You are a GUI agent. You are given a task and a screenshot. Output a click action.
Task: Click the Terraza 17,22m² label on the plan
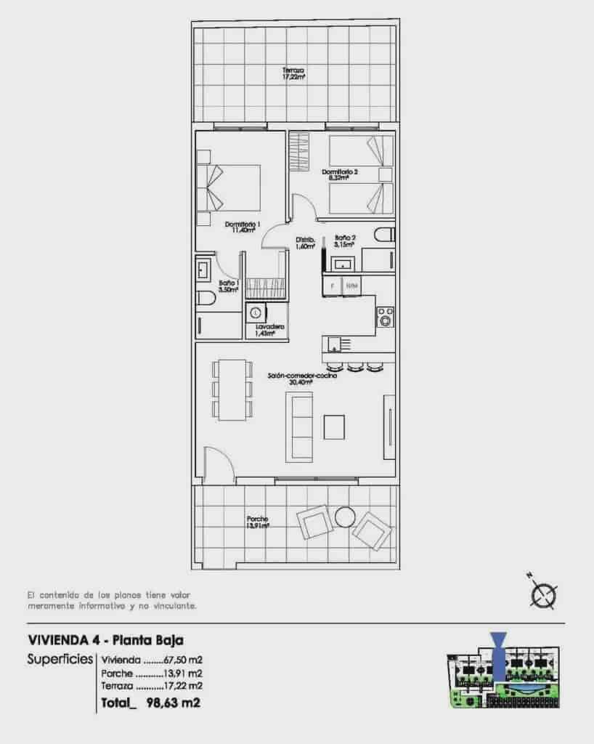(x=293, y=73)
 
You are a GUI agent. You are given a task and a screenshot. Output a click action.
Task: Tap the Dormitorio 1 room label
(x=243, y=227)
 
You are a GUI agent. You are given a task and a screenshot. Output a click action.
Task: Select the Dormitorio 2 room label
(x=341, y=174)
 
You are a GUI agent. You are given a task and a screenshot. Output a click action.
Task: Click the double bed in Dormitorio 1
(x=231, y=187)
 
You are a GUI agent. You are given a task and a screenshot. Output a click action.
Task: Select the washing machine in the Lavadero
(x=256, y=312)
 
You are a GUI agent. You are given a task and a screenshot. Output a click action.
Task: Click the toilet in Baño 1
(x=206, y=299)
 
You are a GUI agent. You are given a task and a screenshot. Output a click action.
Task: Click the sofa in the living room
(x=300, y=426)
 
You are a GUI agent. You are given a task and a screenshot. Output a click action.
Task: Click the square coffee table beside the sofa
(x=335, y=426)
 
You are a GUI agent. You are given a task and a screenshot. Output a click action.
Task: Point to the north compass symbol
(x=542, y=594)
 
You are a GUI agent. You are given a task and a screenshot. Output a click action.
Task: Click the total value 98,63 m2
(x=173, y=703)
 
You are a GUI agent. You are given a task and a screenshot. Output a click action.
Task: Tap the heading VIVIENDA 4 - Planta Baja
(x=105, y=640)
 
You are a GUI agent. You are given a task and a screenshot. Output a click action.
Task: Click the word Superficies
(x=60, y=660)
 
